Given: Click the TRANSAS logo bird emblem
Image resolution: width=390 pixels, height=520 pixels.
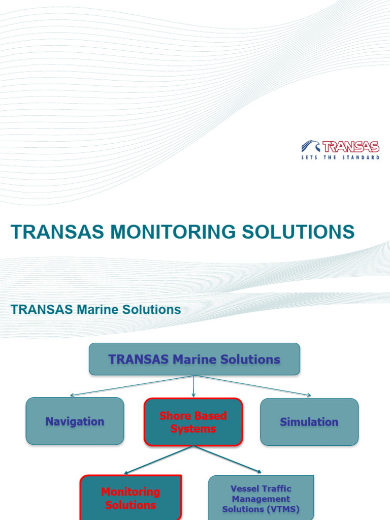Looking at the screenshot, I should tap(310, 146).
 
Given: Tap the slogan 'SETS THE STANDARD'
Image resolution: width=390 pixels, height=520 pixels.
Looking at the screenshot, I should tap(340, 158).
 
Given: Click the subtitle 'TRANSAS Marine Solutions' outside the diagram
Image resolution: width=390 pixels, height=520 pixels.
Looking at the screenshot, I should tap(96, 309).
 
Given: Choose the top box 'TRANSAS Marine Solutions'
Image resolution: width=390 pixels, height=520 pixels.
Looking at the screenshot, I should tap(194, 360).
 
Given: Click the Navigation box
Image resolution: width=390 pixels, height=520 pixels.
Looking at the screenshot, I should tap(75, 421).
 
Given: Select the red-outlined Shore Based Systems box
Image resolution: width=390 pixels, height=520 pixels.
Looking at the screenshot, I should tap(193, 422).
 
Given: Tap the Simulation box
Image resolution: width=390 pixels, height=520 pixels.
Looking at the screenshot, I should tap(309, 422).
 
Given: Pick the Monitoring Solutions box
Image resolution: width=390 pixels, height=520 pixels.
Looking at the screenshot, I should tap(131, 498).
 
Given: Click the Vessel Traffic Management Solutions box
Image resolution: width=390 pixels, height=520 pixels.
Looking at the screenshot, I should tap(261, 498).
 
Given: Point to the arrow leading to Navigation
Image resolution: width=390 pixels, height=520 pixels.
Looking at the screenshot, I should tap(132, 385).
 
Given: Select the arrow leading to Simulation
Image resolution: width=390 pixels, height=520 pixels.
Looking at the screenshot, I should tap(254, 385).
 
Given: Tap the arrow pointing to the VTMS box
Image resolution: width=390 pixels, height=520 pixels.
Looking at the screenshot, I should tap(229, 460).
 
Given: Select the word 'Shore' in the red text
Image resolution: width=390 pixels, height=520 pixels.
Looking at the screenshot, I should tap(174, 416).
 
